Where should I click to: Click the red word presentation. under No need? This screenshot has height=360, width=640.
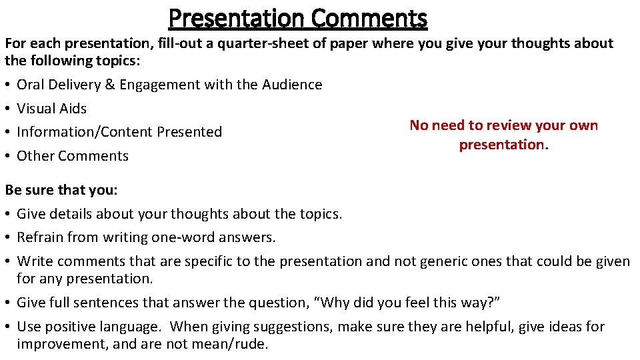[503, 145]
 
